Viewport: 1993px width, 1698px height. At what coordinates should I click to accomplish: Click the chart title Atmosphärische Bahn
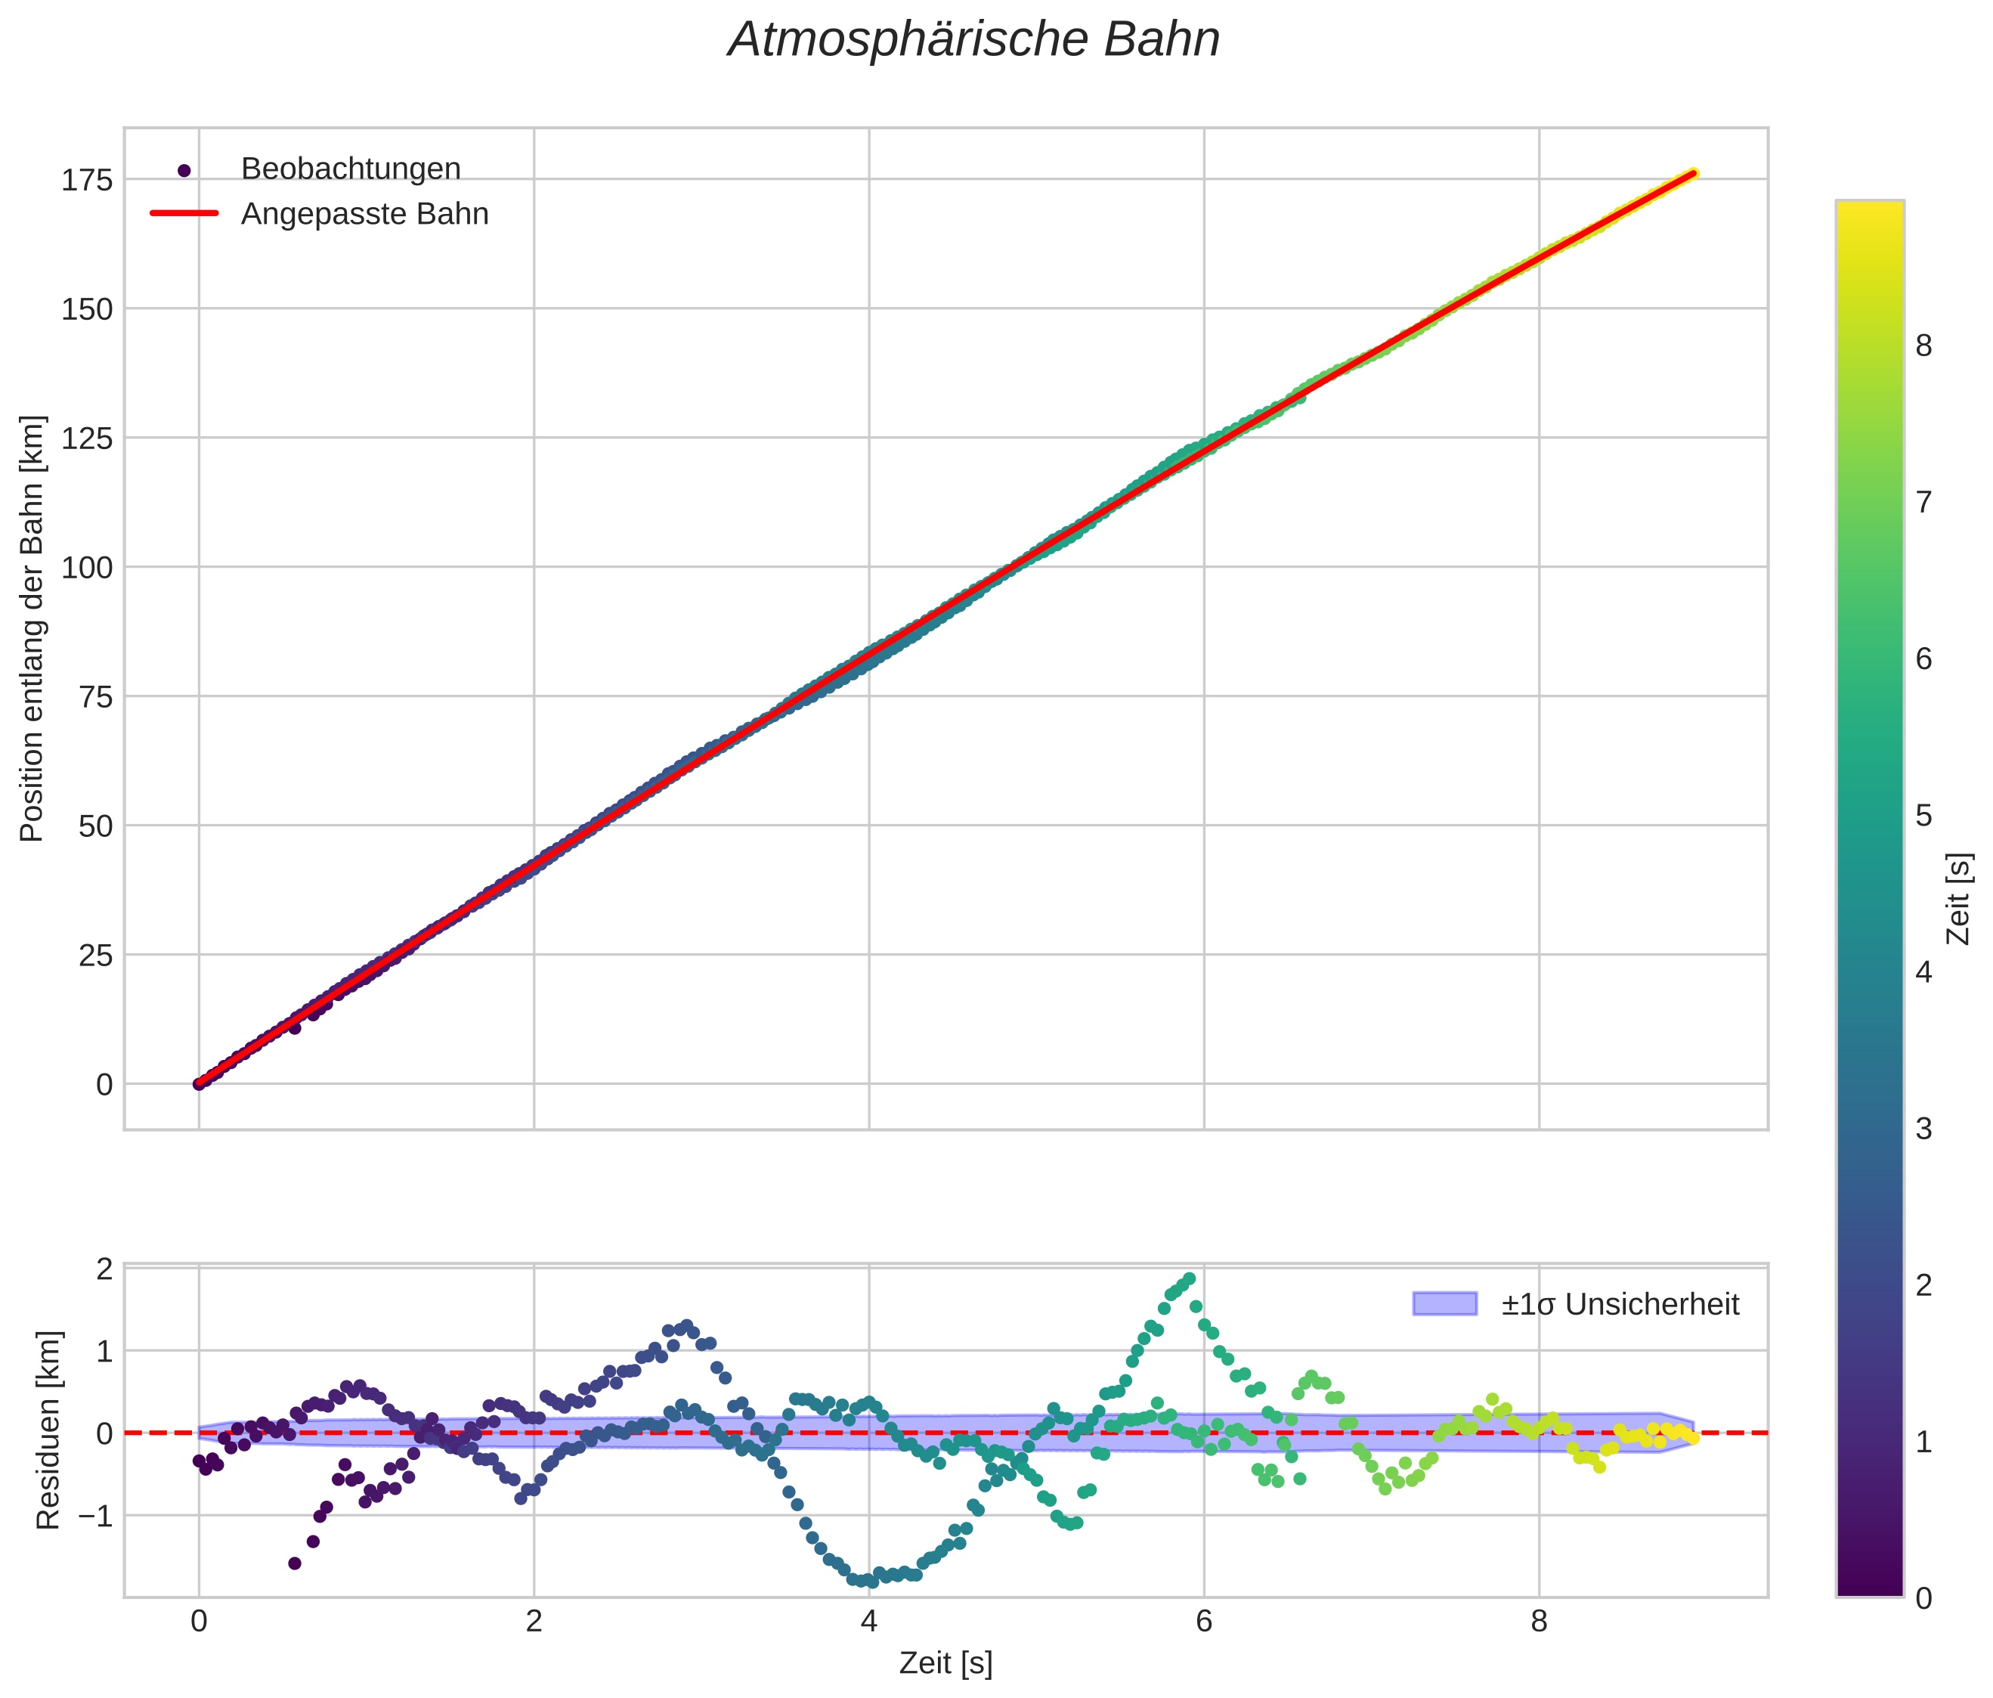[973, 40]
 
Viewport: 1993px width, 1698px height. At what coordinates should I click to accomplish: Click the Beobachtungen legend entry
[350, 169]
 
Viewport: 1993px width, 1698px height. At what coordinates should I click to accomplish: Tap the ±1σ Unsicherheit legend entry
[1619, 1305]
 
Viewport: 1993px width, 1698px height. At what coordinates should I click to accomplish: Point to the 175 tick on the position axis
[87, 180]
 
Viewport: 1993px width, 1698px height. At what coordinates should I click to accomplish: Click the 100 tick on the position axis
[87, 568]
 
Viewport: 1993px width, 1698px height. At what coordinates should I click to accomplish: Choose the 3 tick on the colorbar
[1923, 1129]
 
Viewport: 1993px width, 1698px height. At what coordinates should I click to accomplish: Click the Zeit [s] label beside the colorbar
[1958, 899]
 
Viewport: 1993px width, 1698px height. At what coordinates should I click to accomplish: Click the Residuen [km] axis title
[48, 1430]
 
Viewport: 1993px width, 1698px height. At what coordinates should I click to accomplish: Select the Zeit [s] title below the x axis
[945, 1663]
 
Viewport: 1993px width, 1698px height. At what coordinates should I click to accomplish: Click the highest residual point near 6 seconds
[1189, 1279]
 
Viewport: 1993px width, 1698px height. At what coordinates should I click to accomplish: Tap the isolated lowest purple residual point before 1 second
[296, 1563]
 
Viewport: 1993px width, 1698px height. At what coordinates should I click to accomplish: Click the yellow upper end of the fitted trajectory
[1692, 173]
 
